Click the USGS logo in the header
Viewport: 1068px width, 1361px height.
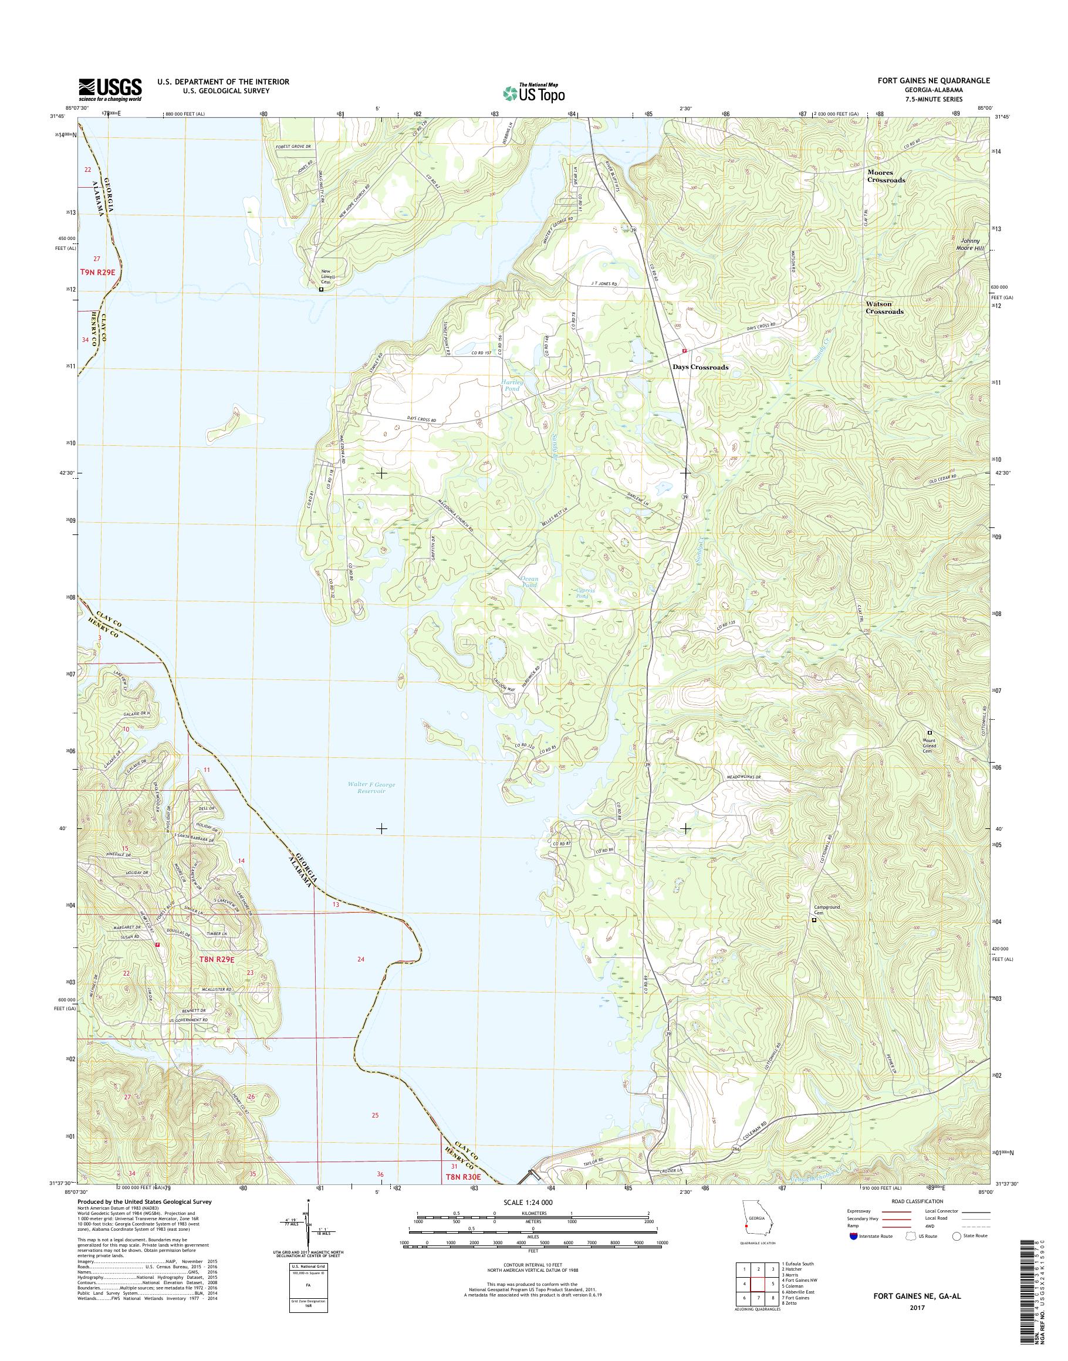pyautogui.click(x=110, y=90)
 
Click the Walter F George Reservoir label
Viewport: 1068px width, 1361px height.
pyautogui.click(x=371, y=788)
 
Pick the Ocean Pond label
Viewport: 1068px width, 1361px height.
pyautogui.click(x=529, y=582)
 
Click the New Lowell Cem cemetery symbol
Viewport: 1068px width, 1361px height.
pyautogui.click(x=322, y=290)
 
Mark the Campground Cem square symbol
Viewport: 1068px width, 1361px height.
pyautogui.click(x=814, y=920)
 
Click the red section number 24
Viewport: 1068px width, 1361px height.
pyautogui.click(x=361, y=959)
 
